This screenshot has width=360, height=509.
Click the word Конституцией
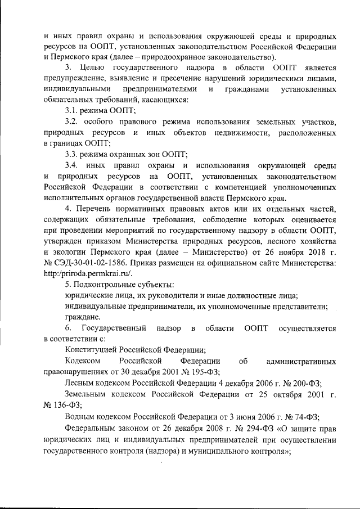pos(90,349)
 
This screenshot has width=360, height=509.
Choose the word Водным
pos(80,417)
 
